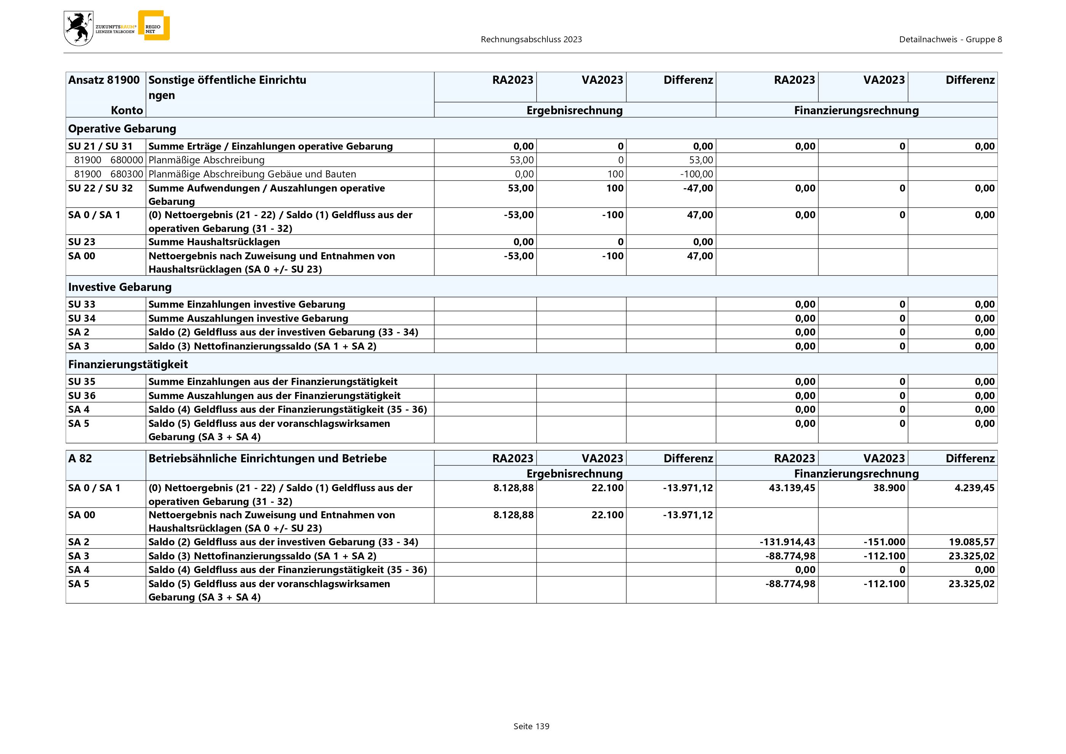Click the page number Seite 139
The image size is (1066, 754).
coord(531,726)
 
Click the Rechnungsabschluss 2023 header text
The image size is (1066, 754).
coord(531,40)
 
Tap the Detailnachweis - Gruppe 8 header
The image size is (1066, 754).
coord(950,40)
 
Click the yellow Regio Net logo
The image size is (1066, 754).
coord(154,26)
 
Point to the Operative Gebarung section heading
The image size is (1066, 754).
coord(122,129)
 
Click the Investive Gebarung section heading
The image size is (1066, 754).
coord(120,287)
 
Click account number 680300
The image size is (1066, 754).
coord(127,174)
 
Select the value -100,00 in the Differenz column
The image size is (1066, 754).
coord(696,174)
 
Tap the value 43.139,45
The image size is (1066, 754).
coord(792,488)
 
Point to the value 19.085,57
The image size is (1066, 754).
coord(971,542)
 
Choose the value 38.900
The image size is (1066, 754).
coord(889,488)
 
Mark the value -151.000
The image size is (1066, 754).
coord(884,542)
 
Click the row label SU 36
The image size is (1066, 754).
coord(82,396)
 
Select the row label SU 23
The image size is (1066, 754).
coord(82,242)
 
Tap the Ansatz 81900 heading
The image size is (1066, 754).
coord(104,80)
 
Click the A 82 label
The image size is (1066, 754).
coord(80,459)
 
